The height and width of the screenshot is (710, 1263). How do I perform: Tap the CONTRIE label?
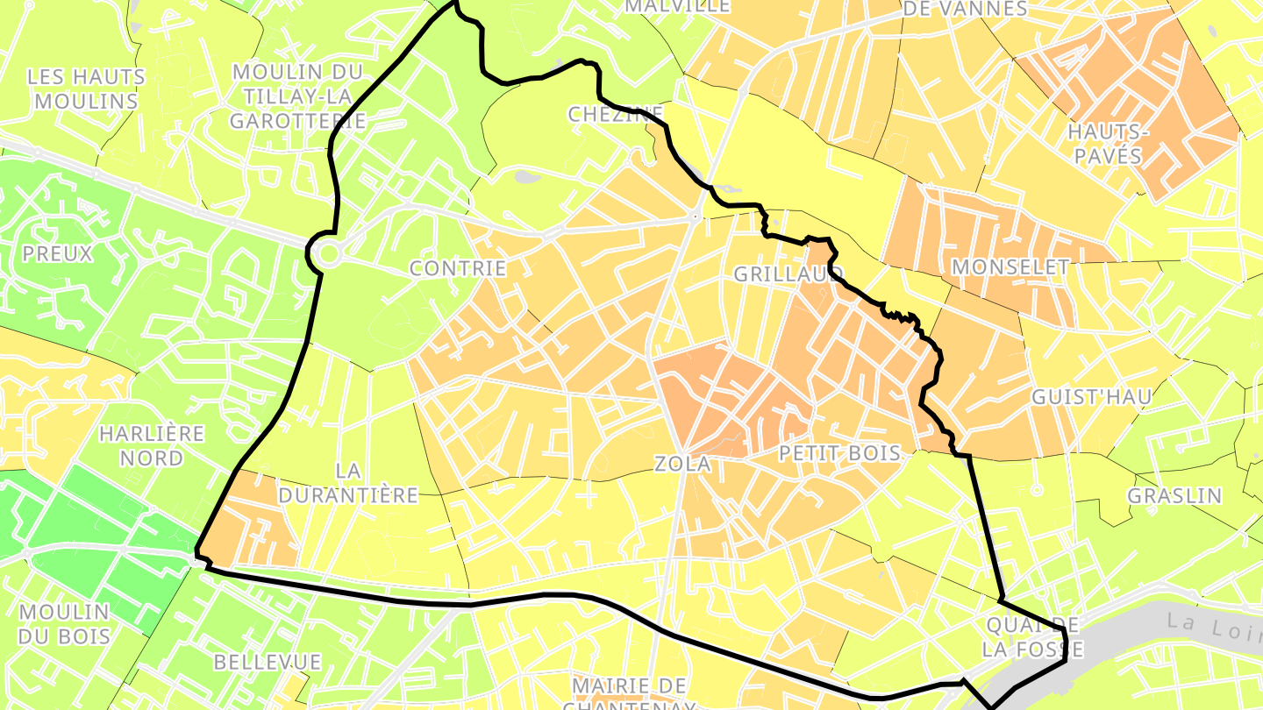coord(458,268)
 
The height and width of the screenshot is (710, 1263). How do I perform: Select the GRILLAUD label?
coord(788,273)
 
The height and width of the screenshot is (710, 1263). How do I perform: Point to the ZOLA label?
coord(682,464)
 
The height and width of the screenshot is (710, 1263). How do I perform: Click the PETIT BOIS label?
coord(839,452)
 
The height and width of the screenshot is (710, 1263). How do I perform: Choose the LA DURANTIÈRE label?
coord(348,482)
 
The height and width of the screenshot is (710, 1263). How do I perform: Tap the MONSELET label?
coord(1010,266)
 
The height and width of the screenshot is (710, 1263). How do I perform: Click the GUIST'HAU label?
coord(1091,396)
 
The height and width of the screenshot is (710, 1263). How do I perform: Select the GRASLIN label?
coord(1174,495)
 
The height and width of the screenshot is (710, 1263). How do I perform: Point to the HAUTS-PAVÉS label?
coord(1105,144)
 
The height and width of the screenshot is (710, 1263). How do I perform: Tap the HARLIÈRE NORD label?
coord(152,445)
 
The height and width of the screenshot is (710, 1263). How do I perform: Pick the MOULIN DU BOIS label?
coord(64,623)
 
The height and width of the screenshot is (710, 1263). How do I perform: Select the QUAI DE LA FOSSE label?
coord(1032,637)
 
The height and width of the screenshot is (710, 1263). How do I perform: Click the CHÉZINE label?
coord(615,114)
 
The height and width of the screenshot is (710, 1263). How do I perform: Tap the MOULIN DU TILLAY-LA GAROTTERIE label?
coord(299,96)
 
